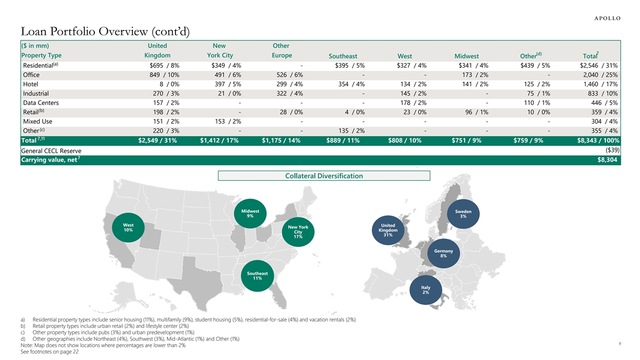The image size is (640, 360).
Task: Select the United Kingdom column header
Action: (157, 51)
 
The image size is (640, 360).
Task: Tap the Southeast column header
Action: (343, 56)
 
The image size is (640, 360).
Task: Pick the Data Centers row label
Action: (41, 103)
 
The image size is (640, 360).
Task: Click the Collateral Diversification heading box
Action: (324, 175)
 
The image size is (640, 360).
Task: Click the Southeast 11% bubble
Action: (257, 276)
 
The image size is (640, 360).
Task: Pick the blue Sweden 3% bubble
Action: (463, 213)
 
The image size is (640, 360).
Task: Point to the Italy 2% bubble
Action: (425, 290)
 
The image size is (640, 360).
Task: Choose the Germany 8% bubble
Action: (443, 253)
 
